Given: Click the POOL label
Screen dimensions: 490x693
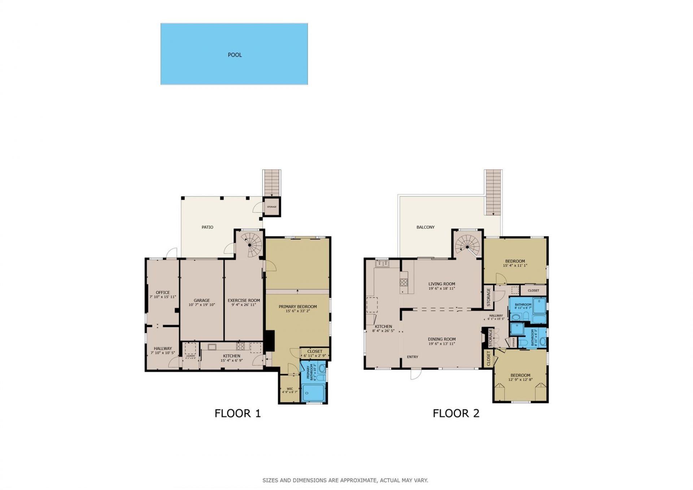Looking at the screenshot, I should pos(235,55).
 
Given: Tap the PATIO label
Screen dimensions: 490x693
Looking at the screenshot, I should pos(207,227).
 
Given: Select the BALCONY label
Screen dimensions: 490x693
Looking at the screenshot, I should pos(425,227).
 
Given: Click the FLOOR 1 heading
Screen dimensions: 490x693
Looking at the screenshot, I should pos(237,413).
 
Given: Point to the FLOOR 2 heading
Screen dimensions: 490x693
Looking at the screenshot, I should pos(456,413).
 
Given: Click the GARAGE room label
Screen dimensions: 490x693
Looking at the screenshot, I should pos(201,300).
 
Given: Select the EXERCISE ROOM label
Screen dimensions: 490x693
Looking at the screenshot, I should pos(244,300).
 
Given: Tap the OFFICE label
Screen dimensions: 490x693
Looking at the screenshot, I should pos(163,292).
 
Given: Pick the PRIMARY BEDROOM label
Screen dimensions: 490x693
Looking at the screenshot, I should pos(297,307).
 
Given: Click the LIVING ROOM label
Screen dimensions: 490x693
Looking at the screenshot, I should pos(441,284).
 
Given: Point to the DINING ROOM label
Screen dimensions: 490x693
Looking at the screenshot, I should pos(441,339).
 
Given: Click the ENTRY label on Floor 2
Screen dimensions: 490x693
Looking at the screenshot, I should pos(412,357).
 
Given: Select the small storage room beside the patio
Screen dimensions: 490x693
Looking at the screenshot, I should pos(271,207).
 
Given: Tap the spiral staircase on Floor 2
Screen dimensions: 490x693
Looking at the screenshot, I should pos(467,246).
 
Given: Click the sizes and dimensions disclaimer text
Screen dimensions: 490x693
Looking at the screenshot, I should pos(345,480).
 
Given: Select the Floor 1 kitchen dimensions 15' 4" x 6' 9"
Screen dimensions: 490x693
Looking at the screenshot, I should pos(231,360).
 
